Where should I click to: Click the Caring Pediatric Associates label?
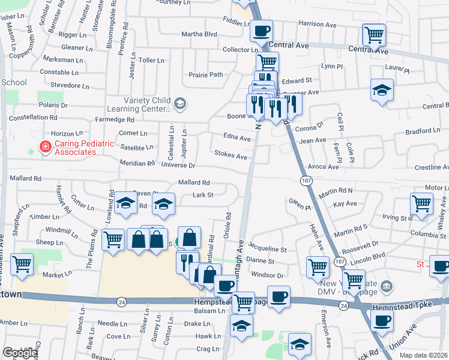[74, 148]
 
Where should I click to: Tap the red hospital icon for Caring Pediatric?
[44, 146]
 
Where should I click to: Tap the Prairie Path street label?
[206, 75]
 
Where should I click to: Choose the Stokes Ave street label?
[231, 156]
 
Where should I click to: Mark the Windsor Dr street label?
[267, 275]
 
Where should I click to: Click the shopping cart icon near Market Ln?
[22, 263]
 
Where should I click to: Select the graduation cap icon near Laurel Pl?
[382, 89]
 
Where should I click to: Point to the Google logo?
[20, 353]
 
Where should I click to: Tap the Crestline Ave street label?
[427, 167]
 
